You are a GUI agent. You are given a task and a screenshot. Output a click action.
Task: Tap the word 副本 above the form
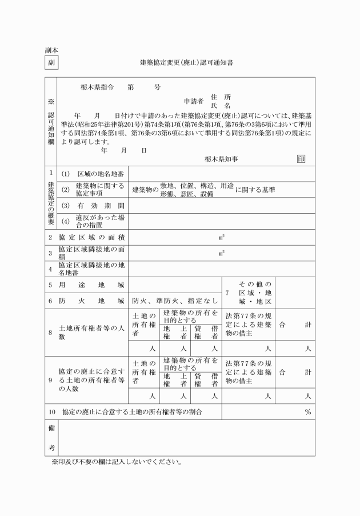(51, 50)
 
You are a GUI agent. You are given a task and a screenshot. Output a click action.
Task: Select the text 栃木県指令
(98, 88)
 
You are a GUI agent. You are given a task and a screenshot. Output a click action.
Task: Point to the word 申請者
(193, 101)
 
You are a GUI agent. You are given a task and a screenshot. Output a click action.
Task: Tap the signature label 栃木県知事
(222, 159)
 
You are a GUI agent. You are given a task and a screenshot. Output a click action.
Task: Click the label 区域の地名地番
(100, 173)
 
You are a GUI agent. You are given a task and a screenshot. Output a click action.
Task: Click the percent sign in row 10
(307, 411)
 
